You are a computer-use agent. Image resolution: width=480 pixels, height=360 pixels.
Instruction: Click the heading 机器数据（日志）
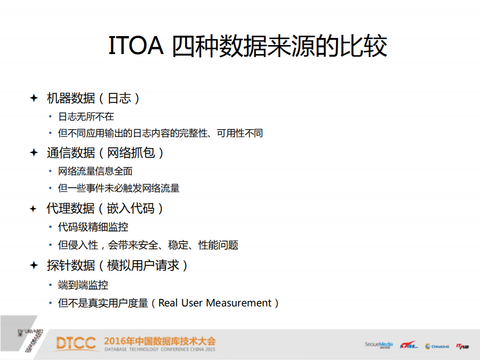pyautogui.click(x=93, y=98)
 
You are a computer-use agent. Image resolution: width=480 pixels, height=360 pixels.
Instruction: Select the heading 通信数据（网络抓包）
pyautogui.click(x=106, y=153)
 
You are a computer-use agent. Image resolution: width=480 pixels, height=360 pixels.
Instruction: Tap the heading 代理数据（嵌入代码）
pyautogui.click(x=106, y=208)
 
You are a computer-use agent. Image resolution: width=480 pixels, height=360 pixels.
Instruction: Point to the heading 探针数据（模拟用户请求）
pyautogui.click(x=118, y=265)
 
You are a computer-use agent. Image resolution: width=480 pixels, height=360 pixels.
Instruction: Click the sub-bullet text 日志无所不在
pyautogui.click(x=86, y=117)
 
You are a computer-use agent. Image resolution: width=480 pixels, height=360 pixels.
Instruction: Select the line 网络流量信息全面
pyautogui.click(x=95, y=171)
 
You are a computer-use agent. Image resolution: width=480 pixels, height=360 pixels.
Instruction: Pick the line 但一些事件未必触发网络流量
pyautogui.click(x=119, y=188)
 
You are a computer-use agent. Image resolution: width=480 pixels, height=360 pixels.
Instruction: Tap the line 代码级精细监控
pyautogui.click(x=93, y=227)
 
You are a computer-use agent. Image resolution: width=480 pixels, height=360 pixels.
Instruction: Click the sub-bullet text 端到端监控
pyautogui.click(x=83, y=285)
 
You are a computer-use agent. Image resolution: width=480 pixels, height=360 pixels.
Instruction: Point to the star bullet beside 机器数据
pyautogui.click(x=34, y=98)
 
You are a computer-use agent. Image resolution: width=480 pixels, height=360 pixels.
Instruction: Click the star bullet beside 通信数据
pyautogui.click(x=34, y=153)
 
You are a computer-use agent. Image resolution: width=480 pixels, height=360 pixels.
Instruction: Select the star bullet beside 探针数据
pyautogui.click(x=34, y=265)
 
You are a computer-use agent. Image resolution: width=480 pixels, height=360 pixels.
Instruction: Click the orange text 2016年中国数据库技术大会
pyautogui.click(x=160, y=341)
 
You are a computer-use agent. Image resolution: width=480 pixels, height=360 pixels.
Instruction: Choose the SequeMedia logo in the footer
pyautogui.click(x=379, y=344)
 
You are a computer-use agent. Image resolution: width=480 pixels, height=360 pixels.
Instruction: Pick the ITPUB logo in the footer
pyautogui.click(x=462, y=345)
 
